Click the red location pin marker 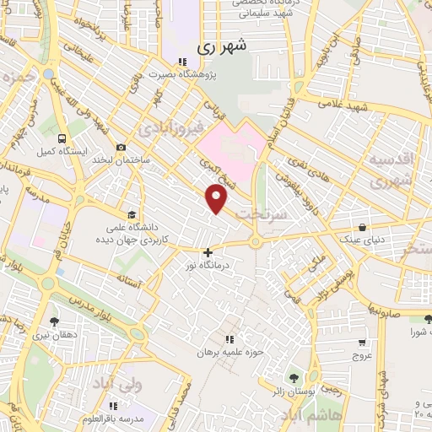point(218,198)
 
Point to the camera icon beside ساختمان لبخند point(121,148)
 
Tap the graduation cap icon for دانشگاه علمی point(131,214)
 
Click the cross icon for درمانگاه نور point(208,252)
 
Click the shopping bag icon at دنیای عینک point(362,227)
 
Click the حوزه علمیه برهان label point(231,351)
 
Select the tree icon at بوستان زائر point(294,376)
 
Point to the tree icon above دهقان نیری point(55,321)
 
